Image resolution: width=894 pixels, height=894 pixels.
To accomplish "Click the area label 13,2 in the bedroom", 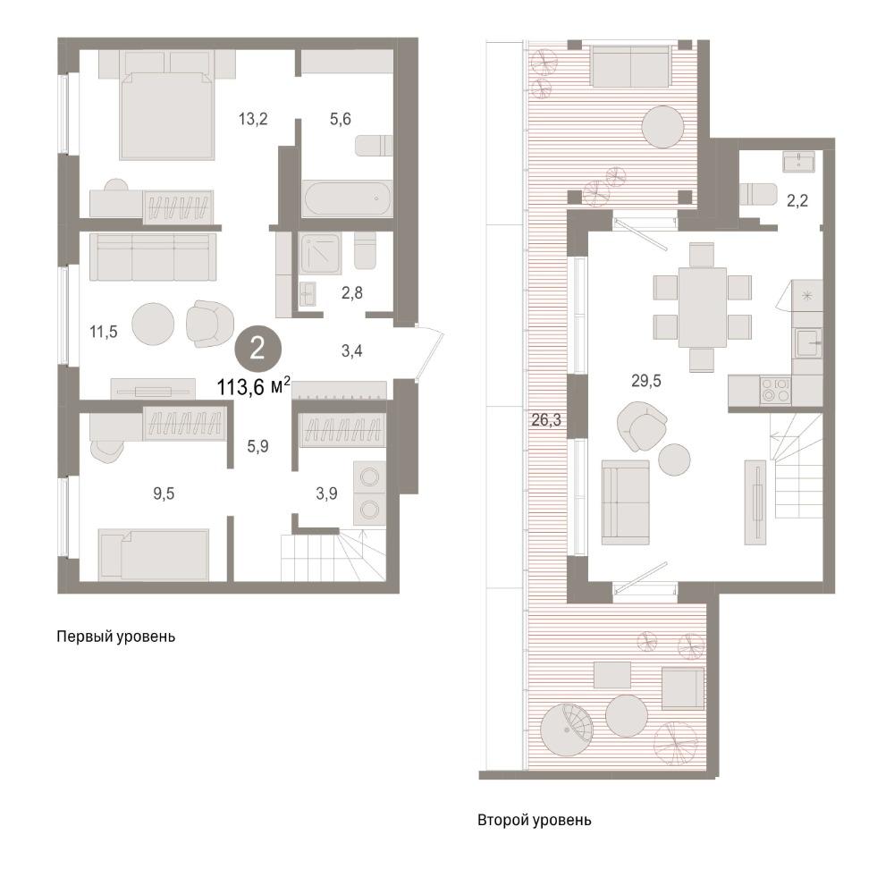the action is [x=253, y=119].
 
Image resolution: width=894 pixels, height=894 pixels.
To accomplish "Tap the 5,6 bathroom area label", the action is [x=341, y=119].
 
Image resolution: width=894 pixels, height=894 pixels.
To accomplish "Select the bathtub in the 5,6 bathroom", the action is [x=348, y=198].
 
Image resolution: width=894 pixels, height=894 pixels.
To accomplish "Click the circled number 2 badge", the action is [x=257, y=349].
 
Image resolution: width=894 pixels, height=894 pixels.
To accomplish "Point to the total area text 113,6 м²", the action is [x=254, y=387].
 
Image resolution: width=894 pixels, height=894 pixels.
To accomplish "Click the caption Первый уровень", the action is [x=115, y=637].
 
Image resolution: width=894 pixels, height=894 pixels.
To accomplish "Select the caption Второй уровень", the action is [x=535, y=821].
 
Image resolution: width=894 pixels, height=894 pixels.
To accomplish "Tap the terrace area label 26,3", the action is [x=546, y=420].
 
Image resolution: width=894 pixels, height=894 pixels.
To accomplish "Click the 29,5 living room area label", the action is [x=646, y=381].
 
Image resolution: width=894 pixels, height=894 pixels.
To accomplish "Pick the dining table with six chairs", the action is [x=703, y=308].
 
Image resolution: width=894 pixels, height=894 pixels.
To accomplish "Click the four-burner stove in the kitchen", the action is [x=775, y=390].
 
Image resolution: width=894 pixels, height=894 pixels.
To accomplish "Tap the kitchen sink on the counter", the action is [x=809, y=343].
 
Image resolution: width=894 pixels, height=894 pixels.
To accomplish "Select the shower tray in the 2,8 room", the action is [x=321, y=253].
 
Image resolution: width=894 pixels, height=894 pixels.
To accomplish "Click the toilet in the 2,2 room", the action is [x=758, y=194].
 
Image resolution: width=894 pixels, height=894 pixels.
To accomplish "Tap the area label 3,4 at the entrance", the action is [x=351, y=351].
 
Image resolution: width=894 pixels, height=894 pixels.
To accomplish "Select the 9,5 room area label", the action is [x=164, y=493].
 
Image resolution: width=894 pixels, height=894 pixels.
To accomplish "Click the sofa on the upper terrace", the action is [x=630, y=66].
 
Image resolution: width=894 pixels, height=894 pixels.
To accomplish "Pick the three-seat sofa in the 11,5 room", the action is [x=153, y=257].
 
